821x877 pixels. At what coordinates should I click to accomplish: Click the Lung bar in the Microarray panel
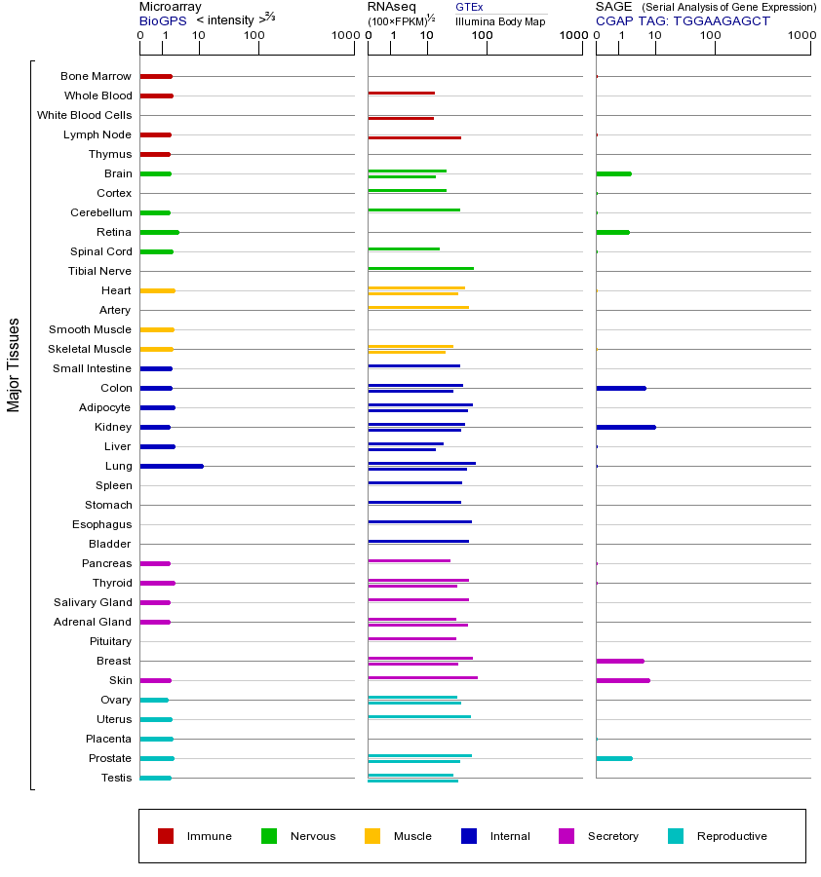pos(172,466)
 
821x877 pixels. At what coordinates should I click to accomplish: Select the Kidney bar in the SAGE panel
pos(626,428)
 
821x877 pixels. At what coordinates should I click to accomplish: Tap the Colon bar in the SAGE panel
pos(621,388)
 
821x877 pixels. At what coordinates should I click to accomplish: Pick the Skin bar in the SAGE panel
pos(623,681)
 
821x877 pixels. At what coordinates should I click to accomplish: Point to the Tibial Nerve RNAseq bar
pos(421,269)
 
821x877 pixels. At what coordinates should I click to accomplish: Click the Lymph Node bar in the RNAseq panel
pos(414,137)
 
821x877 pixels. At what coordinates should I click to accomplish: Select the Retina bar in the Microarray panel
pos(160,232)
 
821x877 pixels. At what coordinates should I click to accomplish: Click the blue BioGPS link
pos(163,20)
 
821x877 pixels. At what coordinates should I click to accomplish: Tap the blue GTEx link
pos(469,7)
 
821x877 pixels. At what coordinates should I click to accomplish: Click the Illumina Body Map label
pos(500,21)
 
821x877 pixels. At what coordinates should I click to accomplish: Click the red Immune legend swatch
pos(166,836)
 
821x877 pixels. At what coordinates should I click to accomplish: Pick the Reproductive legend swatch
pos(676,836)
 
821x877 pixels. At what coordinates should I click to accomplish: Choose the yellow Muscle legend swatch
pos(372,836)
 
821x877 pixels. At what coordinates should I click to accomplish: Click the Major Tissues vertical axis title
pos(13,365)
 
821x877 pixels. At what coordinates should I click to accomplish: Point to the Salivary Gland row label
pos(93,602)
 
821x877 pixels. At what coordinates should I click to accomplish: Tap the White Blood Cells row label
pos(85,115)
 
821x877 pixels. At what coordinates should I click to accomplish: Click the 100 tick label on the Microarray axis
pos(254,35)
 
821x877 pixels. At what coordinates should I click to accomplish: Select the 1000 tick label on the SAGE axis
pos(801,35)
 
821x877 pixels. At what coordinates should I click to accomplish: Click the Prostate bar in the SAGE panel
pos(614,758)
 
